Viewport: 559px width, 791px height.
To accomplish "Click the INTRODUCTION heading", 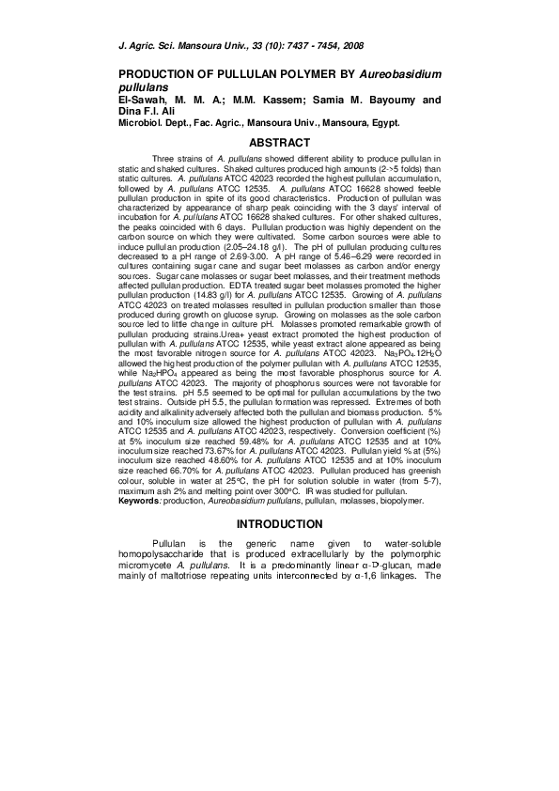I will [278, 524].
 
